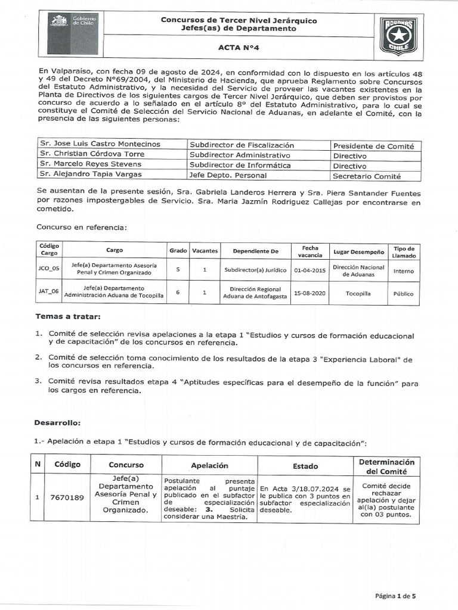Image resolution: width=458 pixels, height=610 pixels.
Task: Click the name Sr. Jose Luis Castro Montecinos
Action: click(x=100, y=144)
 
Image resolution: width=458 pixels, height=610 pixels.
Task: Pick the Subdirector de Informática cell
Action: click(x=240, y=165)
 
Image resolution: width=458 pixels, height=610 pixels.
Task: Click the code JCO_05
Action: click(x=48, y=269)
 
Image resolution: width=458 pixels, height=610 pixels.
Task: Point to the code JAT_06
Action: click(x=48, y=292)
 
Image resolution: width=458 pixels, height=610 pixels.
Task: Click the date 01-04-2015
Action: click(x=310, y=269)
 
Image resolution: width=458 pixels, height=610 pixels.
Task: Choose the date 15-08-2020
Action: click(x=310, y=293)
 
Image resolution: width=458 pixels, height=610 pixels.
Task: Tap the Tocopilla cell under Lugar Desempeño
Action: click(x=358, y=293)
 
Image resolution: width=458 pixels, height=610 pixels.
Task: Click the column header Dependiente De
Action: click(x=256, y=251)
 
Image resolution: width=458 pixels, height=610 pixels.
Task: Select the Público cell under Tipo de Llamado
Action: click(x=403, y=293)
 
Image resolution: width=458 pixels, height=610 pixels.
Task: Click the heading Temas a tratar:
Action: click(x=68, y=316)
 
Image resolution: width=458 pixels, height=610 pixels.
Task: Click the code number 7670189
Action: click(x=67, y=497)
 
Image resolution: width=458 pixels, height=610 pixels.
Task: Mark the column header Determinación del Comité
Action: click(x=386, y=466)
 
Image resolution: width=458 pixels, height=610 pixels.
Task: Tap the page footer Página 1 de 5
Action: click(x=395, y=596)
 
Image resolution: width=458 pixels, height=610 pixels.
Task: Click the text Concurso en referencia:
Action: click(x=81, y=227)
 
